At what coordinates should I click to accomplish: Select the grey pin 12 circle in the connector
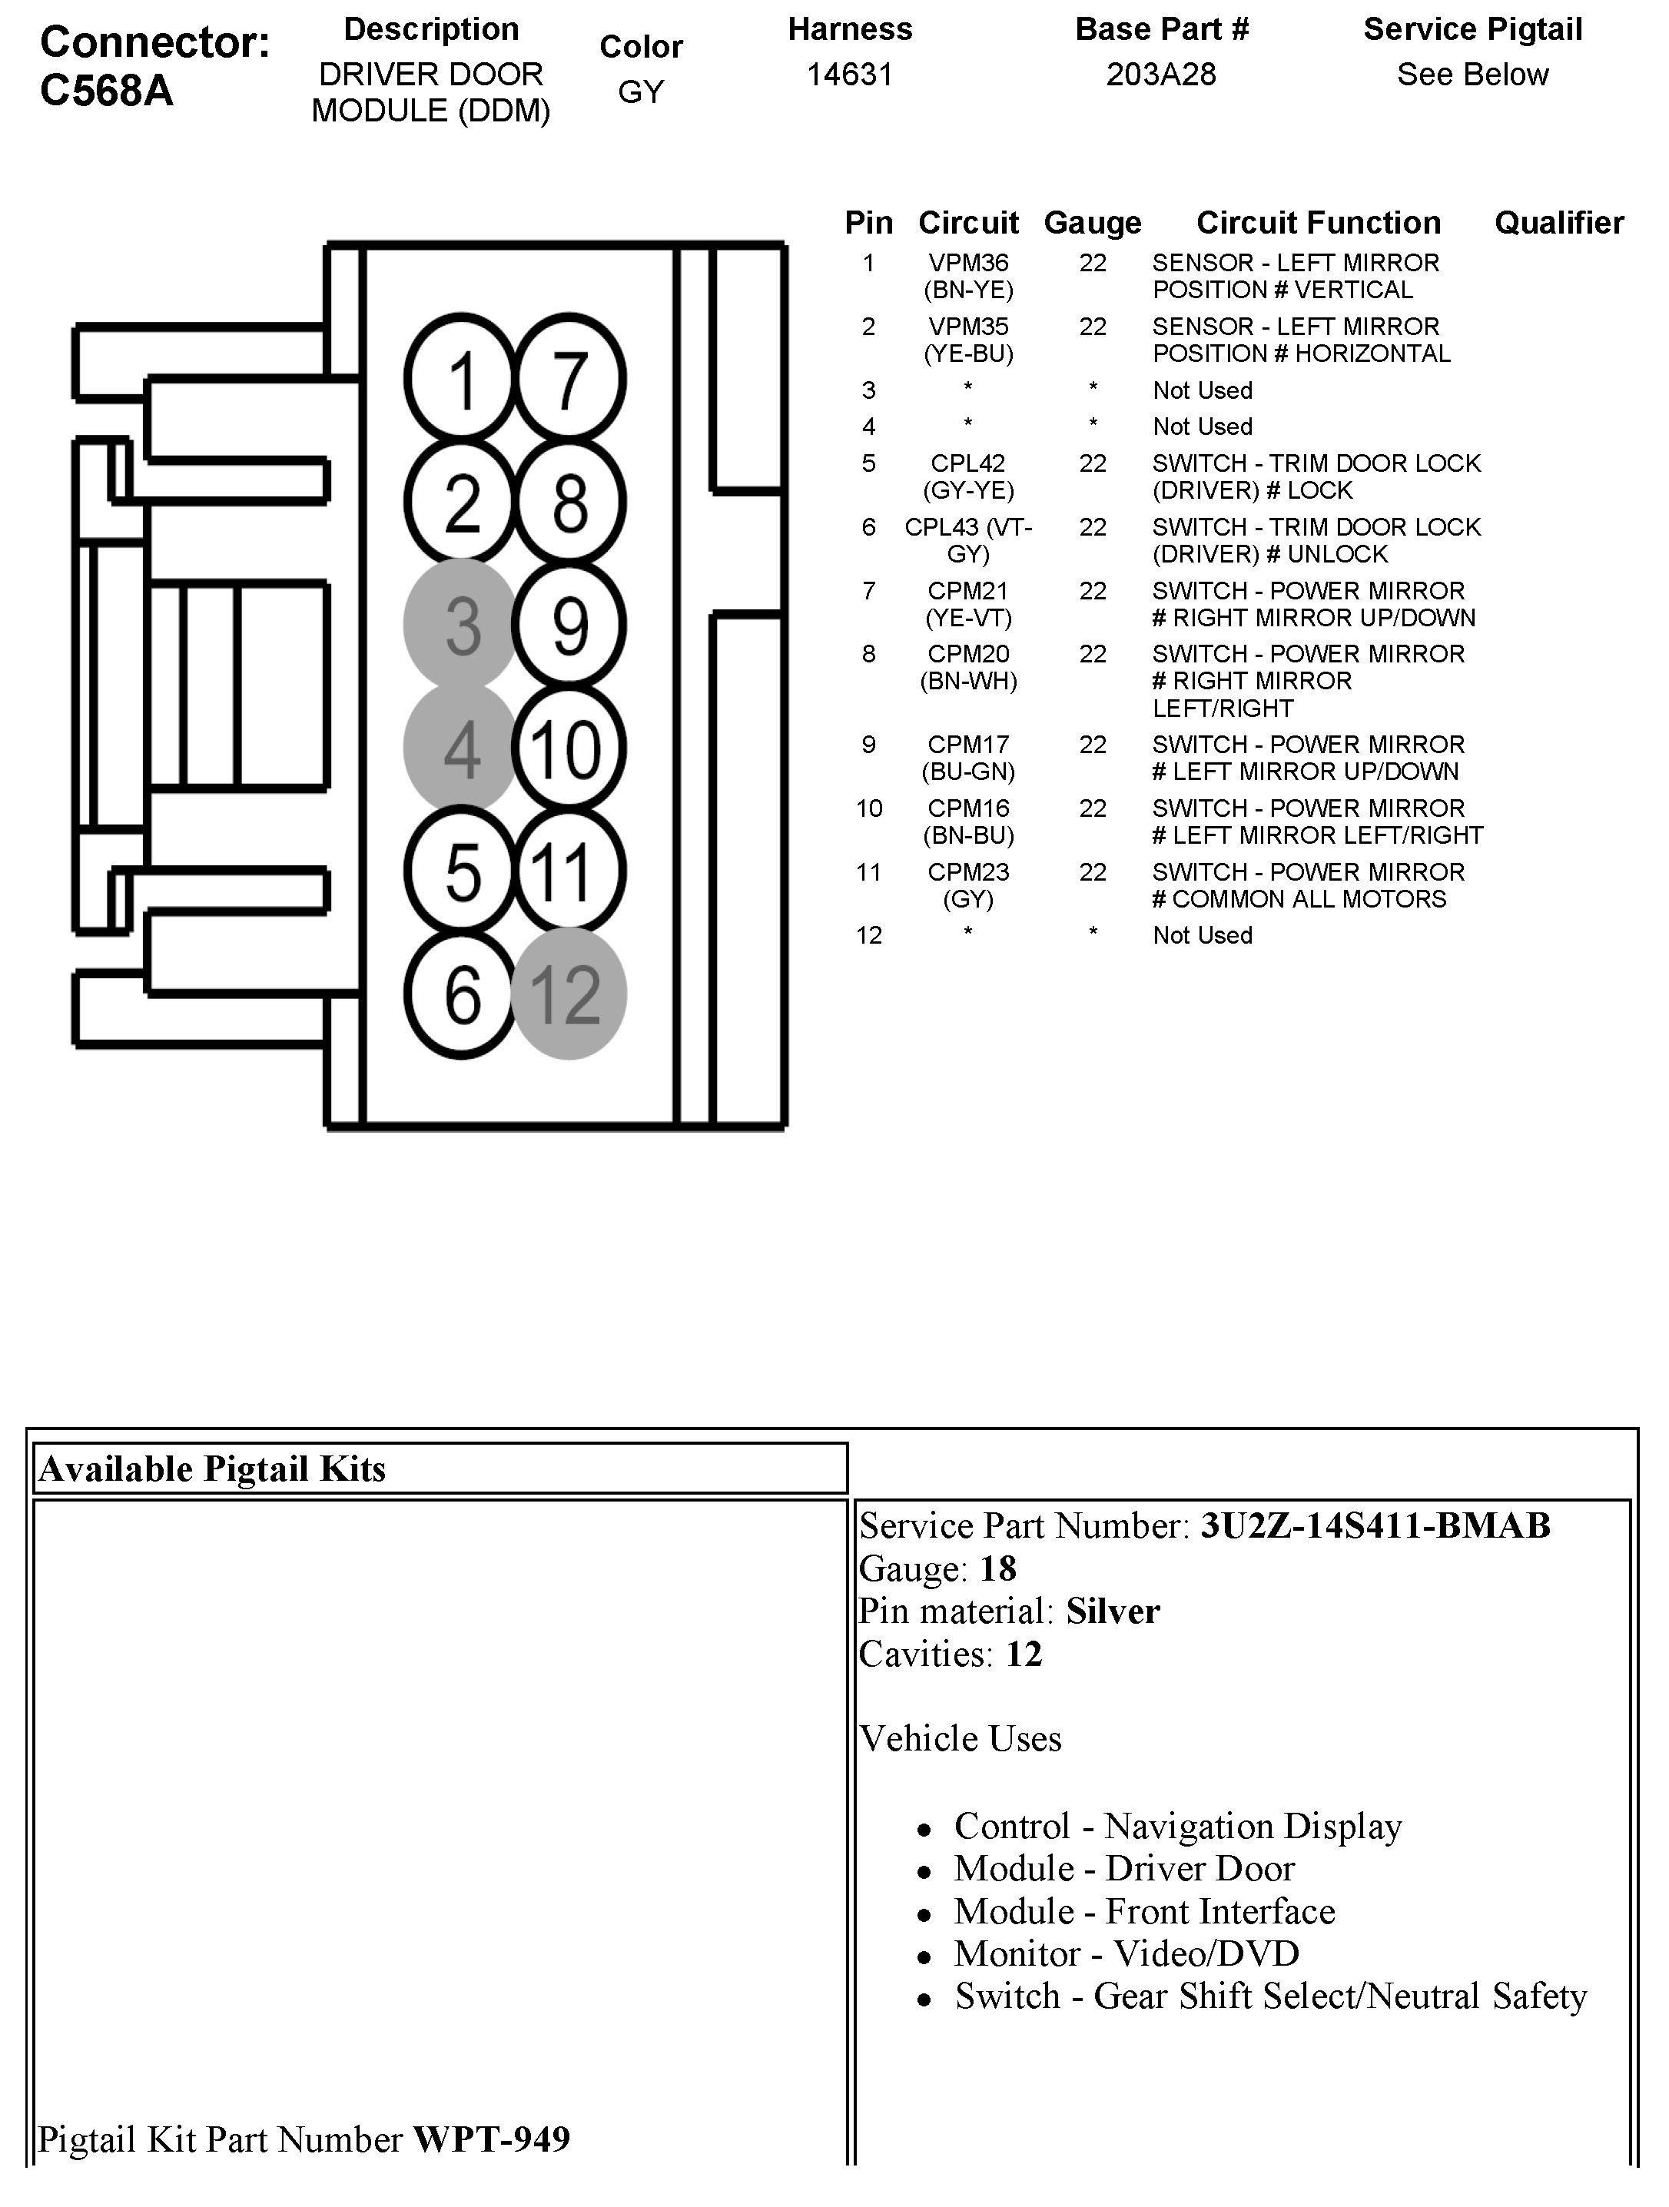(x=569, y=994)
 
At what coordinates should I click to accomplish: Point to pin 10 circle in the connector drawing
(x=569, y=748)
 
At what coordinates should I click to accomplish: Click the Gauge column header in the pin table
(x=1093, y=223)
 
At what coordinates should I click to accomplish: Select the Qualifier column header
(x=1558, y=223)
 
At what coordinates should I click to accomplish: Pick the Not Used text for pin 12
(x=1202, y=936)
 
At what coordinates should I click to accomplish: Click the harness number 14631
(x=849, y=75)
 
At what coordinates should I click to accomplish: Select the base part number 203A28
(x=1161, y=75)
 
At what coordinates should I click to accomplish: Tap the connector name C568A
(x=107, y=91)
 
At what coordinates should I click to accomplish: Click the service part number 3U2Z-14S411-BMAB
(x=1375, y=1525)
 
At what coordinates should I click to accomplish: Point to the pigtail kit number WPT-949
(x=492, y=2139)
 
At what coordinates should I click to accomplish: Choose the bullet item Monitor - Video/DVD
(x=1126, y=1953)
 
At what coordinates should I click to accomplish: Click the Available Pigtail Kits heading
(x=211, y=1469)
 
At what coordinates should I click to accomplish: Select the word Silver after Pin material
(x=1113, y=1611)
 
